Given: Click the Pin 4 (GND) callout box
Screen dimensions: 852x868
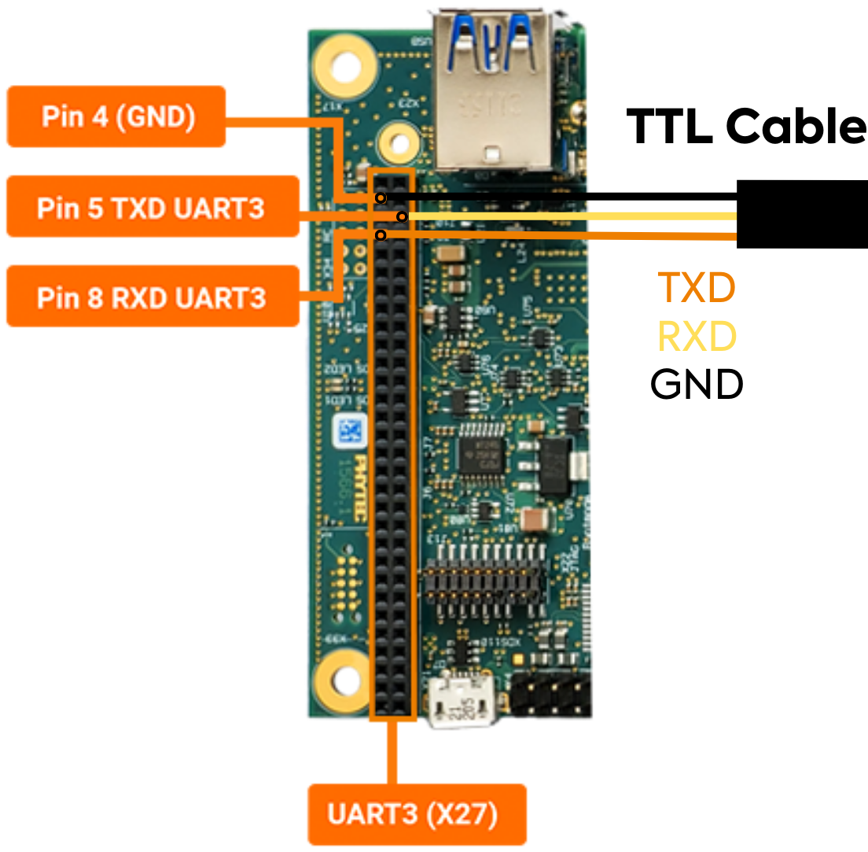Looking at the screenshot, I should click(x=116, y=116).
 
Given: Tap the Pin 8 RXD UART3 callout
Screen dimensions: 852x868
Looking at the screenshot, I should click(x=152, y=297).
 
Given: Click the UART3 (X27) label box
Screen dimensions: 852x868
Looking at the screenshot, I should click(x=416, y=814).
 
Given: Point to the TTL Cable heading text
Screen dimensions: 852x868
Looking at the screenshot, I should click(x=745, y=126).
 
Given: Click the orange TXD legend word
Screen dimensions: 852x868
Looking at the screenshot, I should click(x=697, y=288).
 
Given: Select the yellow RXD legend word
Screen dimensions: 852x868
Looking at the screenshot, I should click(x=697, y=337).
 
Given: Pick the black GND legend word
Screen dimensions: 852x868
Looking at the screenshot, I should click(x=697, y=385).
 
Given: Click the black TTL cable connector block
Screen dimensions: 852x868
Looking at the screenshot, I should click(x=802, y=214).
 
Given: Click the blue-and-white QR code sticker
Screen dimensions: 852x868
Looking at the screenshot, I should click(x=349, y=431).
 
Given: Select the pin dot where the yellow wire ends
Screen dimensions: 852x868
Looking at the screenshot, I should click(x=402, y=216).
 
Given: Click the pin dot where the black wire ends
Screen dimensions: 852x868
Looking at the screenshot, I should click(x=381, y=197).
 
